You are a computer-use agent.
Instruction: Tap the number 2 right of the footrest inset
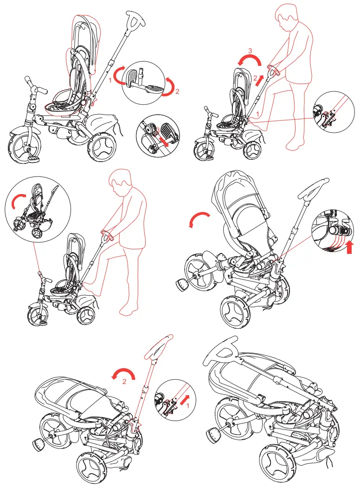point(176,91)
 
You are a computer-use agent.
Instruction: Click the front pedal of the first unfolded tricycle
point(34,158)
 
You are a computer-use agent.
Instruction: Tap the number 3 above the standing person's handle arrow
point(250,50)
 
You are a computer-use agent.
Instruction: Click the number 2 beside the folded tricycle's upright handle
point(124,381)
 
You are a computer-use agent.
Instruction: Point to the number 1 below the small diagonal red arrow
point(187,404)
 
